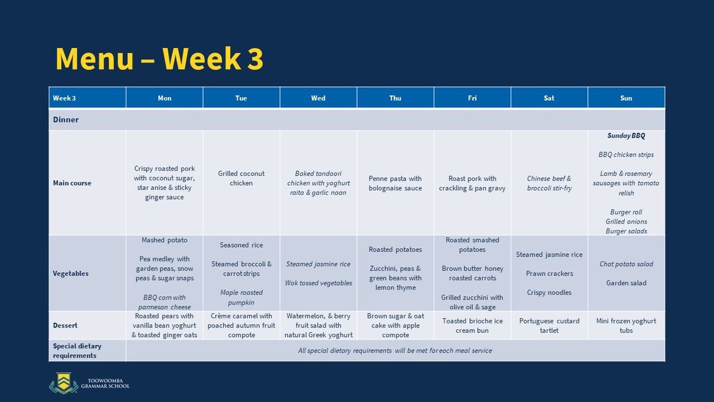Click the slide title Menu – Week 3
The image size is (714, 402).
coord(159,59)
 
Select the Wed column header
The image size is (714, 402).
coord(318,98)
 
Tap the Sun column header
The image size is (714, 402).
coord(626,98)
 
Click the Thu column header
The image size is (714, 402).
coord(395,98)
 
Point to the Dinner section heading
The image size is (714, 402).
coord(65,120)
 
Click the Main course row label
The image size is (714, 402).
coord(72,183)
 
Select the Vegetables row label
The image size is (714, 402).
coord(71,273)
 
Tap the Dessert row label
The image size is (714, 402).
coord(65,325)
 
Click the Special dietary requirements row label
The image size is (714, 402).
coord(77,351)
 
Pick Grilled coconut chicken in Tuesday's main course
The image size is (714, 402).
coord(242,178)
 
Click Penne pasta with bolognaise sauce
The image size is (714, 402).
coord(395,183)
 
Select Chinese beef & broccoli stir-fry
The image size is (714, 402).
coord(549,183)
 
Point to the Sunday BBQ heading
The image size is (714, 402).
coord(626,136)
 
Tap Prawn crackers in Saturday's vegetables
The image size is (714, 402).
coord(549,273)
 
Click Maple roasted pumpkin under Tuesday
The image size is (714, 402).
coord(242,297)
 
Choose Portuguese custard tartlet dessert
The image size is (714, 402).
coord(549,325)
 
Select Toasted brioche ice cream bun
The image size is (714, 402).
coord(472,325)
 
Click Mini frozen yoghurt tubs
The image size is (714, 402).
coord(626,325)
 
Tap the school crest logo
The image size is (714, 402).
coord(64,383)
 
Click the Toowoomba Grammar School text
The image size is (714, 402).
coord(105,383)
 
